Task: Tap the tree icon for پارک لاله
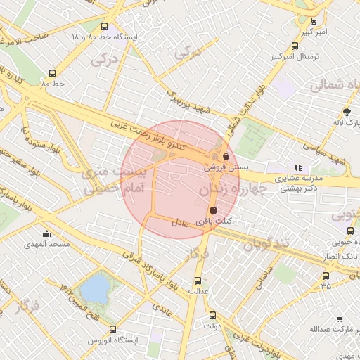click(347, 112)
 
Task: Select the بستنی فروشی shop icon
click(226, 156)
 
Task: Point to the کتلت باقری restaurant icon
click(213, 210)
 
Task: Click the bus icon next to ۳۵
click(326, 275)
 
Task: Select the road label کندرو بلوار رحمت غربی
click(148, 134)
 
